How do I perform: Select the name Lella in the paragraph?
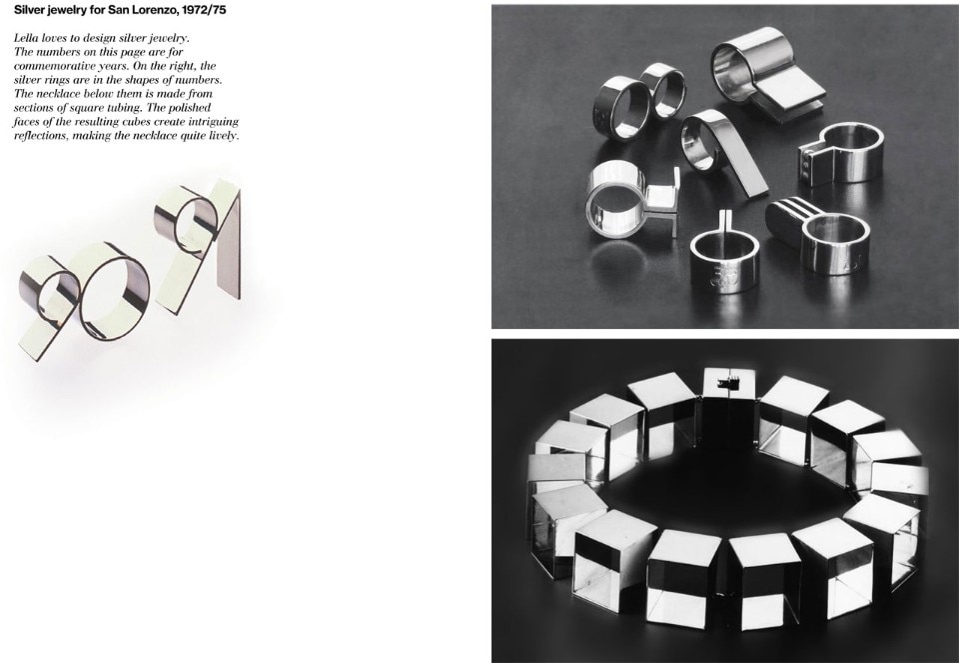26,38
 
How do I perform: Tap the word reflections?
42,136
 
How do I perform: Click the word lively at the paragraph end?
223,136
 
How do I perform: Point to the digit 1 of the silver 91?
228,245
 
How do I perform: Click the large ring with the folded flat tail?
764,72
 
